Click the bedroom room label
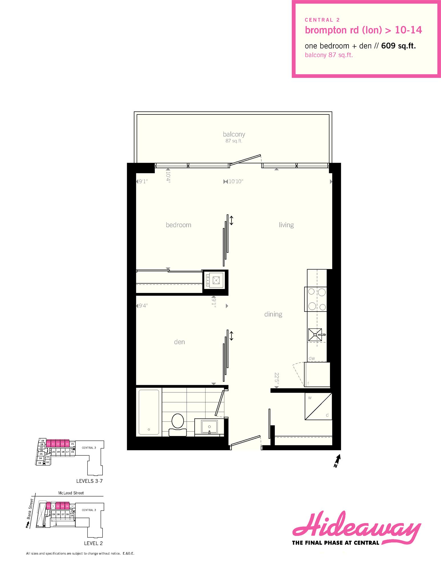pos(178,225)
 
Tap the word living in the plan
pos(286,225)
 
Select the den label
pos(179,342)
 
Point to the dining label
pos(273,314)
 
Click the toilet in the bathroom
pos(177,424)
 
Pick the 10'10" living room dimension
pos(236,182)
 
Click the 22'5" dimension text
pos(276,379)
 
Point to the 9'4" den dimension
pos(143,306)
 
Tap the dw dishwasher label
pos(311,358)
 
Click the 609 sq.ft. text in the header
pos(398,46)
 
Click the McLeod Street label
pos(71,493)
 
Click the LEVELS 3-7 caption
pos(89,481)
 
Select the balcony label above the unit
pos(234,134)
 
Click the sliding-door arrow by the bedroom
pos(231,220)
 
